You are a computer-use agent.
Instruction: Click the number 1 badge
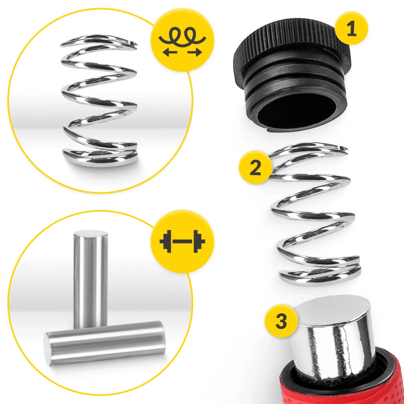pyautogui.click(x=351, y=28)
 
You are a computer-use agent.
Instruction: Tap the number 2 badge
pyautogui.click(x=255, y=167)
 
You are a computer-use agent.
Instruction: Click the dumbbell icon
pyautogui.click(x=182, y=241)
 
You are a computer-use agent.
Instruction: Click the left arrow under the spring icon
pyautogui.click(x=170, y=53)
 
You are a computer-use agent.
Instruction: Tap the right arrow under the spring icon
pyautogui.click(x=195, y=53)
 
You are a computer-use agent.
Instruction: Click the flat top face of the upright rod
pyautogui.click(x=91, y=234)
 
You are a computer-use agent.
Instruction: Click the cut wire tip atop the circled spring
pyautogui.click(x=133, y=44)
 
